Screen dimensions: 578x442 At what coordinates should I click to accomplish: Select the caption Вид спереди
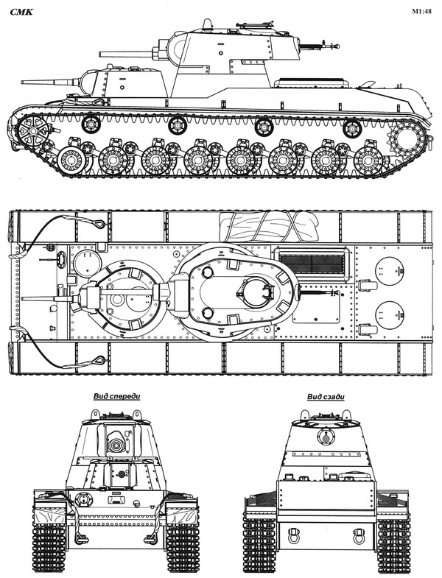[x=116, y=396]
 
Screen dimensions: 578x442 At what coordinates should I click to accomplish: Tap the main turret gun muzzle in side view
[x=101, y=53]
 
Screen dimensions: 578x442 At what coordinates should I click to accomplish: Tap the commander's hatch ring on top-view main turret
[x=253, y=290]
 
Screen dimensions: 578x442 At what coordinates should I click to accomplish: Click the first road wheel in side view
[x=71, y=158]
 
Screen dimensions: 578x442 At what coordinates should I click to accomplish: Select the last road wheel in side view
[x=368, y=159]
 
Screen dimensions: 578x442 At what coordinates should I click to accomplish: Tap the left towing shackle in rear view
[x=295, y=532]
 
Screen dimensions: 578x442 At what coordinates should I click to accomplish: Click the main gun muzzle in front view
[x=116, y=445]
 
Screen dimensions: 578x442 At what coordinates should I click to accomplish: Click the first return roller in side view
[x=91, y=123]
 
